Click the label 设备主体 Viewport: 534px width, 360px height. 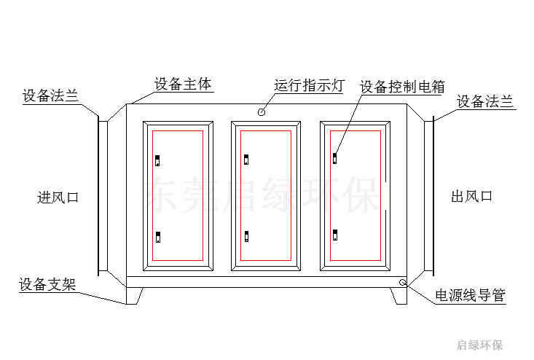(x=183, y=84)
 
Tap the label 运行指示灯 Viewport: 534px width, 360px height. (x=309, y=85)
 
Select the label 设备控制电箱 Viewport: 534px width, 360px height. (x=402, y=87)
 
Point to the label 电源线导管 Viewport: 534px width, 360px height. (x=471, y=295)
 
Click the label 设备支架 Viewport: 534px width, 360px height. (x=47, y=284)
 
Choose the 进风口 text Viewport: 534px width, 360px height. (x=58, y=197)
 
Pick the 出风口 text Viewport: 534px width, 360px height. (x=471, y=196)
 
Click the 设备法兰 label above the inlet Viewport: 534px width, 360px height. (x=51, y=95)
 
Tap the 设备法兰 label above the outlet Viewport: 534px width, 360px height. (x=484, y=101)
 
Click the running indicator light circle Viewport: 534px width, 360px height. (x=262, y=112)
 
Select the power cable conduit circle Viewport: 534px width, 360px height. (x=403, y=282)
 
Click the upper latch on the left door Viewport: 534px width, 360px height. (x=157, y=160)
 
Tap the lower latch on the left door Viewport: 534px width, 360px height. (x=158, y=237)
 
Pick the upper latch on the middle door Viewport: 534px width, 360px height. (x=246, y=160)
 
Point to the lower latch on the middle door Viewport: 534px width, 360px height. (x=246, y=236)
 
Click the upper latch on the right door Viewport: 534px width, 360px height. (x=335, y=159)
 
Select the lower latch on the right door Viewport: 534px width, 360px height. (x=335, y=235)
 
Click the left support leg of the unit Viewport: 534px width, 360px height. (x=134, y=296)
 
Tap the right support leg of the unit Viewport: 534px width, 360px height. (x=398, y=296)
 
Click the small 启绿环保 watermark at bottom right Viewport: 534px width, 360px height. (x=479, y=345)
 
